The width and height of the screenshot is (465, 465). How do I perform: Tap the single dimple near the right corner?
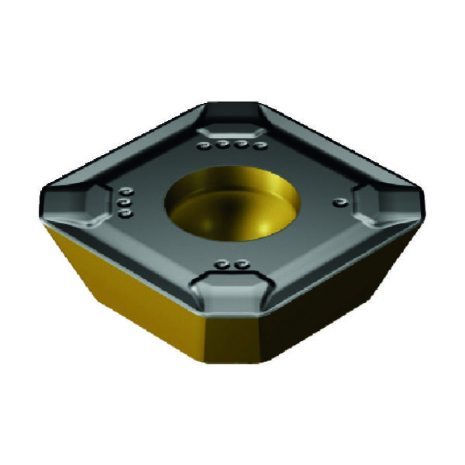pyautogui.click(x=336, y=202)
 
